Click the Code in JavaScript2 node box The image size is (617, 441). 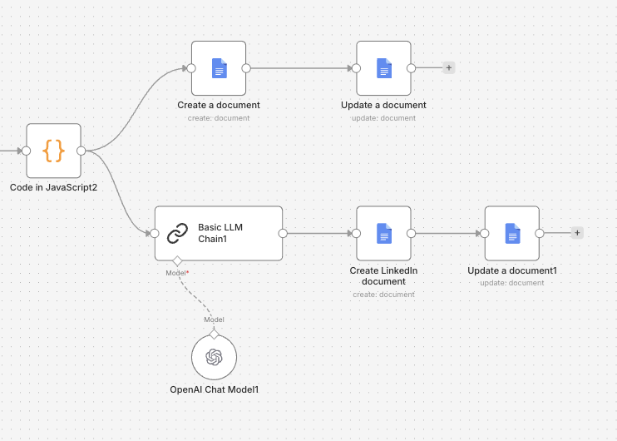coord(53,151)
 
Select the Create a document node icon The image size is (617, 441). coord(219,68)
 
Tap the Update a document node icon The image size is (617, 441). coord(383,68)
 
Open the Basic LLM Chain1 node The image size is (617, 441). coord(220,234)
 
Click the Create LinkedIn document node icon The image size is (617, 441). coord(383,234)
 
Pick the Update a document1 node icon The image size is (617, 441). coord(512,234)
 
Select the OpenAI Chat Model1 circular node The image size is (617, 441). coord(214,357)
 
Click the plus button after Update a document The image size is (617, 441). coord(449,68)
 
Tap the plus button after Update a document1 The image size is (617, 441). coord(577,234)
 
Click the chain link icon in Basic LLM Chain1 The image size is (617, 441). coord(178,234)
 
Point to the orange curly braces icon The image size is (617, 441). coord(53,151)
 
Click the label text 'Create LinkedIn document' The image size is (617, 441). coord(383,275)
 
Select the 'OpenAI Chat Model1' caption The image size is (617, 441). coord(214,389)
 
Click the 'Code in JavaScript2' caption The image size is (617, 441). coord(53,187)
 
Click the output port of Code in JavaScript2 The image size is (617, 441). coord(81,151)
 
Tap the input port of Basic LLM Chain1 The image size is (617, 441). coord(155,234)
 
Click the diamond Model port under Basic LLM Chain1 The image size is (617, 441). coord(176,261)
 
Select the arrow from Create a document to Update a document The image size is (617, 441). coord(299,68)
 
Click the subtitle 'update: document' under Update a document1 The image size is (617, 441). coord(512,283)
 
